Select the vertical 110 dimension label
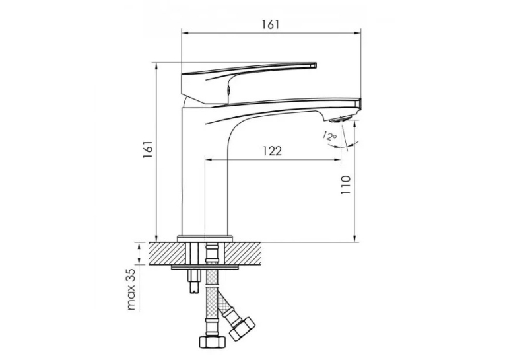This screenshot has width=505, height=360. (345, 184)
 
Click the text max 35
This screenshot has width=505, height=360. (132, 289)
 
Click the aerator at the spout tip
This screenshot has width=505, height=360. (342, 119)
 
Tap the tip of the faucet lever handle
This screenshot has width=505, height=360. (316, 65)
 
